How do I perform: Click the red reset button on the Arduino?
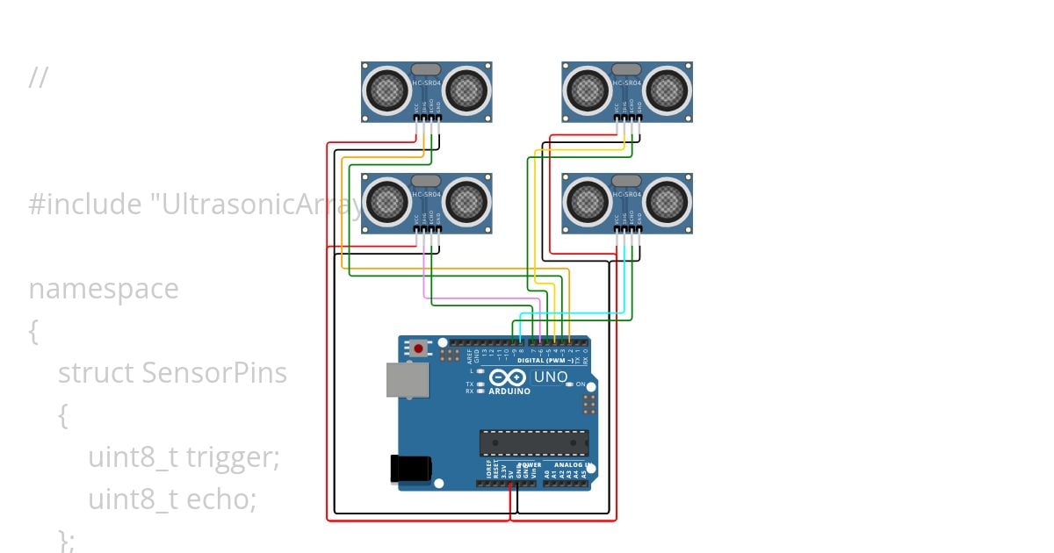(x=419, y=349)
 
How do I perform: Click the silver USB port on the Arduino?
(x=407, y=380)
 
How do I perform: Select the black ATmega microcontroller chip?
(x=533, y=443)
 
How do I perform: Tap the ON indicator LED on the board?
(x=569, y=384)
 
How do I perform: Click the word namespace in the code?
(x=103, y=289)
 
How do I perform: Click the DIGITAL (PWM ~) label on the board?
(x=547, y=361)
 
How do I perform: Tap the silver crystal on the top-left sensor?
(x=426, y=69)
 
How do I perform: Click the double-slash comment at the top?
(x=38, y=78)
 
